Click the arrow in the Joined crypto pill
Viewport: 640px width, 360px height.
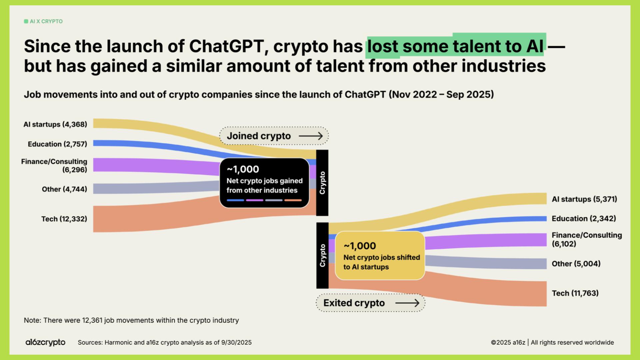click(x=311, y=136)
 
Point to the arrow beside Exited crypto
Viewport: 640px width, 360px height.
click(x=407, y=303)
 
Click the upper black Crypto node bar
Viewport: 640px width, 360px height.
click(x=322, y=183)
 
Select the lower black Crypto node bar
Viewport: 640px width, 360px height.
click(x=322, y=255)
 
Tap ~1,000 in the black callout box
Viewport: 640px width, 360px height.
click(x=243, y=169)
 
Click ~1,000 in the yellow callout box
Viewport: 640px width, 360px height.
click(x=360, y=246)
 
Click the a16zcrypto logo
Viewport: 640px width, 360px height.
click(x=45, y=342)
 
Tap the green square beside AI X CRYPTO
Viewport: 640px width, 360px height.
click(x=26, y=21)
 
